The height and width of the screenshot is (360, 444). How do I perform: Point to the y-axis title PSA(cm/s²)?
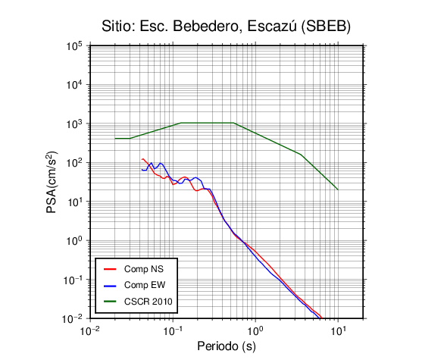click(x=52, y=182)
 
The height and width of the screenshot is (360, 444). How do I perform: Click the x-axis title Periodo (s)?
click(x=227, y=346)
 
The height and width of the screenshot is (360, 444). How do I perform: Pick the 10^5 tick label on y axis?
click(x=74, y=46)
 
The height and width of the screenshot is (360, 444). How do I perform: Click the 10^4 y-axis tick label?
click(x=74, y=85)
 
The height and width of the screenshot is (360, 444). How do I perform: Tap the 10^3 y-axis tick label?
click(x=74, y=124)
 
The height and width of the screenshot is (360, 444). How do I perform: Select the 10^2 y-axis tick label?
click(x=74, y=163)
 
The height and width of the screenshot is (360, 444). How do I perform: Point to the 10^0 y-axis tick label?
click(x=74, y=241)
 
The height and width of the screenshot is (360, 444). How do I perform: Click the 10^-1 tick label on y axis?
click(x=73, y=280)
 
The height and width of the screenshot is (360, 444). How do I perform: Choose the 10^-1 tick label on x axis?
click(x=173, y=330)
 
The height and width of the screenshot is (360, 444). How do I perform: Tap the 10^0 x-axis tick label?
click(x=255, y=330)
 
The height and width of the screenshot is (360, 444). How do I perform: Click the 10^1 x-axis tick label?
click(x=338, y=330)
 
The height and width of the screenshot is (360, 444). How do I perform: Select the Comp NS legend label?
click(x=144, y=269)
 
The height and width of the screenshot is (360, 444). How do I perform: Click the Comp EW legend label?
click(x=145, y=285)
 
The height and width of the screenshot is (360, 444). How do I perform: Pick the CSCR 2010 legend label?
click(x=148, y=302)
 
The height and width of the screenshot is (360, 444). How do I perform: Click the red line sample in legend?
click(x=110, y=269)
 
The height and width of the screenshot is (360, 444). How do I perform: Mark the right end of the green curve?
click(x=338, y=189)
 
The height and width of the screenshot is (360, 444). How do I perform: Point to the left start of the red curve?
click(x=142, y=159)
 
